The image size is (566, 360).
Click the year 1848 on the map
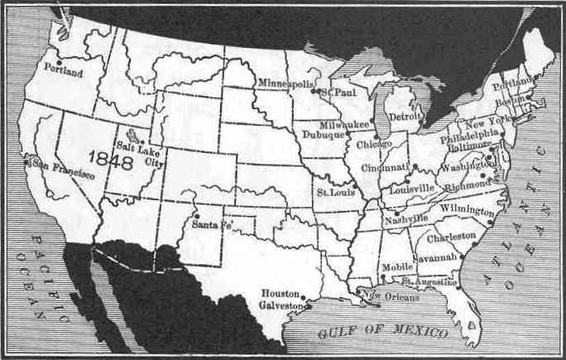(x=115, y=161)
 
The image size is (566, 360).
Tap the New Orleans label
(x=385, y=295)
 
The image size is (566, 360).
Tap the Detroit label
(x=405, y=118)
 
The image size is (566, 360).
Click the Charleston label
(x=452, y=237)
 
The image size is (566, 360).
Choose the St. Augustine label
(x=429, y=282)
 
